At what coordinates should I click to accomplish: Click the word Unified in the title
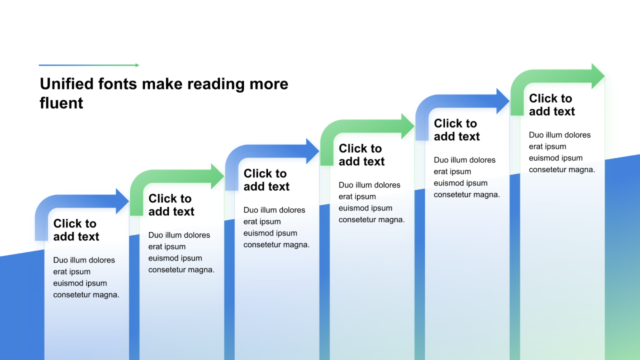(x=67, y=84)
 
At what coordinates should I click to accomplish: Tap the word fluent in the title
(x=61, y=103)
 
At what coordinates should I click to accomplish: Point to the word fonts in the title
(x=117, y=84)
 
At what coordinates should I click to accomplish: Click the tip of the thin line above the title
(x=139, y=65)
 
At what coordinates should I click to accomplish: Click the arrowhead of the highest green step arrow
(x=598, y=76)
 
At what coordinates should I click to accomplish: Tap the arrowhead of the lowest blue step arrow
(x=122, y=201)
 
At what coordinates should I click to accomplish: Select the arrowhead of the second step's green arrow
(x=217, y=176)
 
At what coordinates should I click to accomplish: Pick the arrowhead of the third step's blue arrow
(x=312, y=151)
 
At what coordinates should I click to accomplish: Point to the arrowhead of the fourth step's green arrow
(x=407, y=126)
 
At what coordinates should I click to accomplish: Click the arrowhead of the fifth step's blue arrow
(x=503, y=101)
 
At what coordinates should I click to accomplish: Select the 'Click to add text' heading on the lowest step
(x=76, y=230)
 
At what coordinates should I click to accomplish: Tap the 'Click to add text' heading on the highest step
(x=552, y=105)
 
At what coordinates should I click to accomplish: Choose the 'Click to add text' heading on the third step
(x=266, y=180)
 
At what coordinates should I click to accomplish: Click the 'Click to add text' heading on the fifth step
(x=457, y=130)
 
